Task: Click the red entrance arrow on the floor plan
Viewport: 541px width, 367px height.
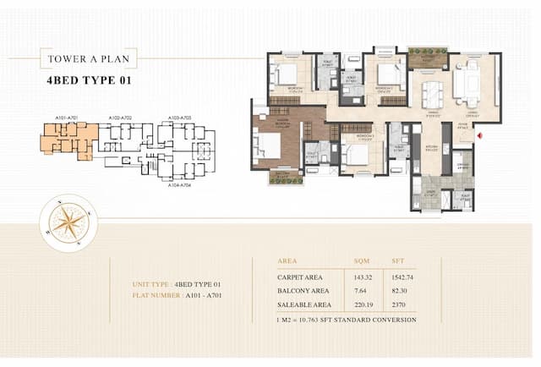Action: point(479,134)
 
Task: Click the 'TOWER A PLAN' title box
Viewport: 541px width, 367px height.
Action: point(87,59)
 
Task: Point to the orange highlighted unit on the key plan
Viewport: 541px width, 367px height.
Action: point(70,138)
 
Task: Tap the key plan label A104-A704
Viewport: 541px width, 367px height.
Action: point(179,184)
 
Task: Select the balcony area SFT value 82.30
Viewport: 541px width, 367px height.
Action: point(400,290)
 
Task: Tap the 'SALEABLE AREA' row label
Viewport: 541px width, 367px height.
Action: point(303,304)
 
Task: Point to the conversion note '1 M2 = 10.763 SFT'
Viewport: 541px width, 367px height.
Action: point(347,320)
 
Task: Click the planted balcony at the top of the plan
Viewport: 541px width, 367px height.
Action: point(427,58)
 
